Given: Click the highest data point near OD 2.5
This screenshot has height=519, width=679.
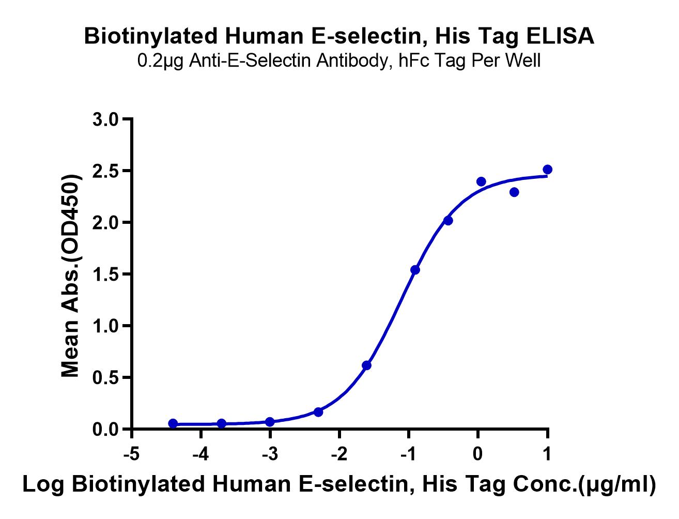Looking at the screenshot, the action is pyautogui.click(x=547, y=170).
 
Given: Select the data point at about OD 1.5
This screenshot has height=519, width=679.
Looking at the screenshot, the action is pyautogui.click(x=415, y=270).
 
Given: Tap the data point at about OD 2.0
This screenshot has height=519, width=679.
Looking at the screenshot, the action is pyautogui.click(x=448, y=221).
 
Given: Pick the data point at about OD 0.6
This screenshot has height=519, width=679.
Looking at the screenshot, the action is pyautogui.click(x=366, y=365).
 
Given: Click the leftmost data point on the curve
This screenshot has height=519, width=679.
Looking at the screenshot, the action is pyautogui.click(x=173, y=423).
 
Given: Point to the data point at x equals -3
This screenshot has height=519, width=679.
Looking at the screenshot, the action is pyautogui.click(x=270, y=422).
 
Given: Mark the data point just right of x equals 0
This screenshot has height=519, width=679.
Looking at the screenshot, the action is pyautogui.click(x=481, y=181).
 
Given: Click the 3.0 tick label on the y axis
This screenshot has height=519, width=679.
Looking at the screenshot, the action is pyautogui.click(x=105, y=119).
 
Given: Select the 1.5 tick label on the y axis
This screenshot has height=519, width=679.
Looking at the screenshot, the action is pyautogui.click(x=105, y=274).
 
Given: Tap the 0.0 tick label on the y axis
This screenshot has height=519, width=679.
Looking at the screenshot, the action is pyautogui.click(x=105, y=429).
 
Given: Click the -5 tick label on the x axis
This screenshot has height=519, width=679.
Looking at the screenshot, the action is pyautogui.click(x=131, y=454).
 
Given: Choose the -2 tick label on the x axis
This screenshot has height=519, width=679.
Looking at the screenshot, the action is pyautogui.click(x=340, y=454).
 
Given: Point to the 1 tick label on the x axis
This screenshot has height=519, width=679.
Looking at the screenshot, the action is pyautogui.click(x=547, y=454).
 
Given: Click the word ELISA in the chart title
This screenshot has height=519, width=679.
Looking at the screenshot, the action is pyautogui.click(x=560, y=36).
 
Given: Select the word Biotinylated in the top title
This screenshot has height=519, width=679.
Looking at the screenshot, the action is pyautogui.click(x=151, y=37).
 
